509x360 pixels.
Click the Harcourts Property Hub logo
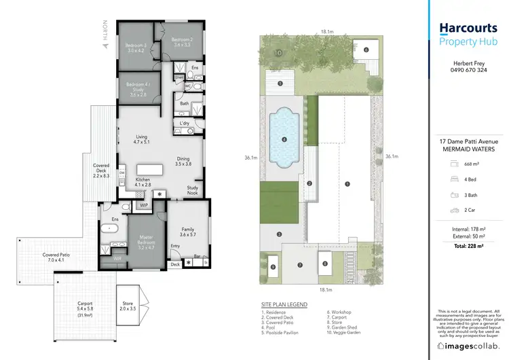coord(469,33)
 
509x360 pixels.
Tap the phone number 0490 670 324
coord(469,70)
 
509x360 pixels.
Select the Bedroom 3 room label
coord(136,48)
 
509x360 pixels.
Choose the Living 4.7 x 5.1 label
coord(140,139)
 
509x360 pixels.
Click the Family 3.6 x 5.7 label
coord(189,232)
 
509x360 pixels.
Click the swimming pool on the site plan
coord(284,139)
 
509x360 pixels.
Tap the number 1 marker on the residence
coord(347,183)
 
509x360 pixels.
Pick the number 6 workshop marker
coord(366,50)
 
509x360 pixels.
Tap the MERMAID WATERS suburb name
coord(469,149)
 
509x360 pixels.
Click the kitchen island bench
coord(151,169)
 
